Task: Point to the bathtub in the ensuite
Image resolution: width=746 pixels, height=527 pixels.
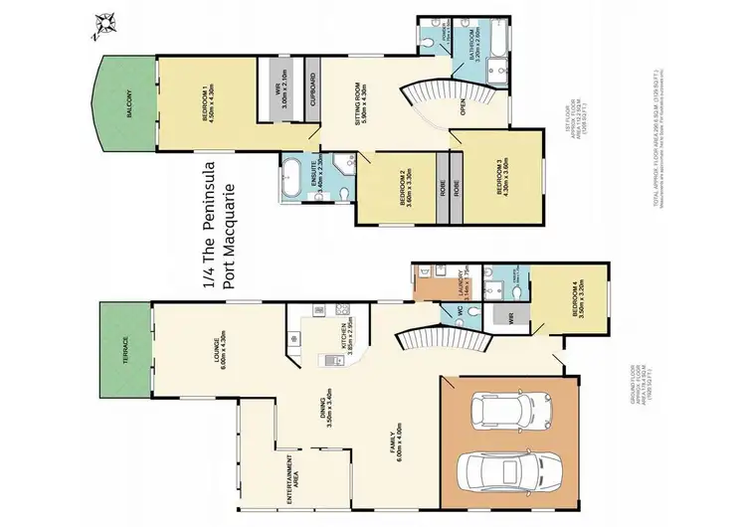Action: [295, 178]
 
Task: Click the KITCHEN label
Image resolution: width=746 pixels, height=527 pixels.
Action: [341, 339]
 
